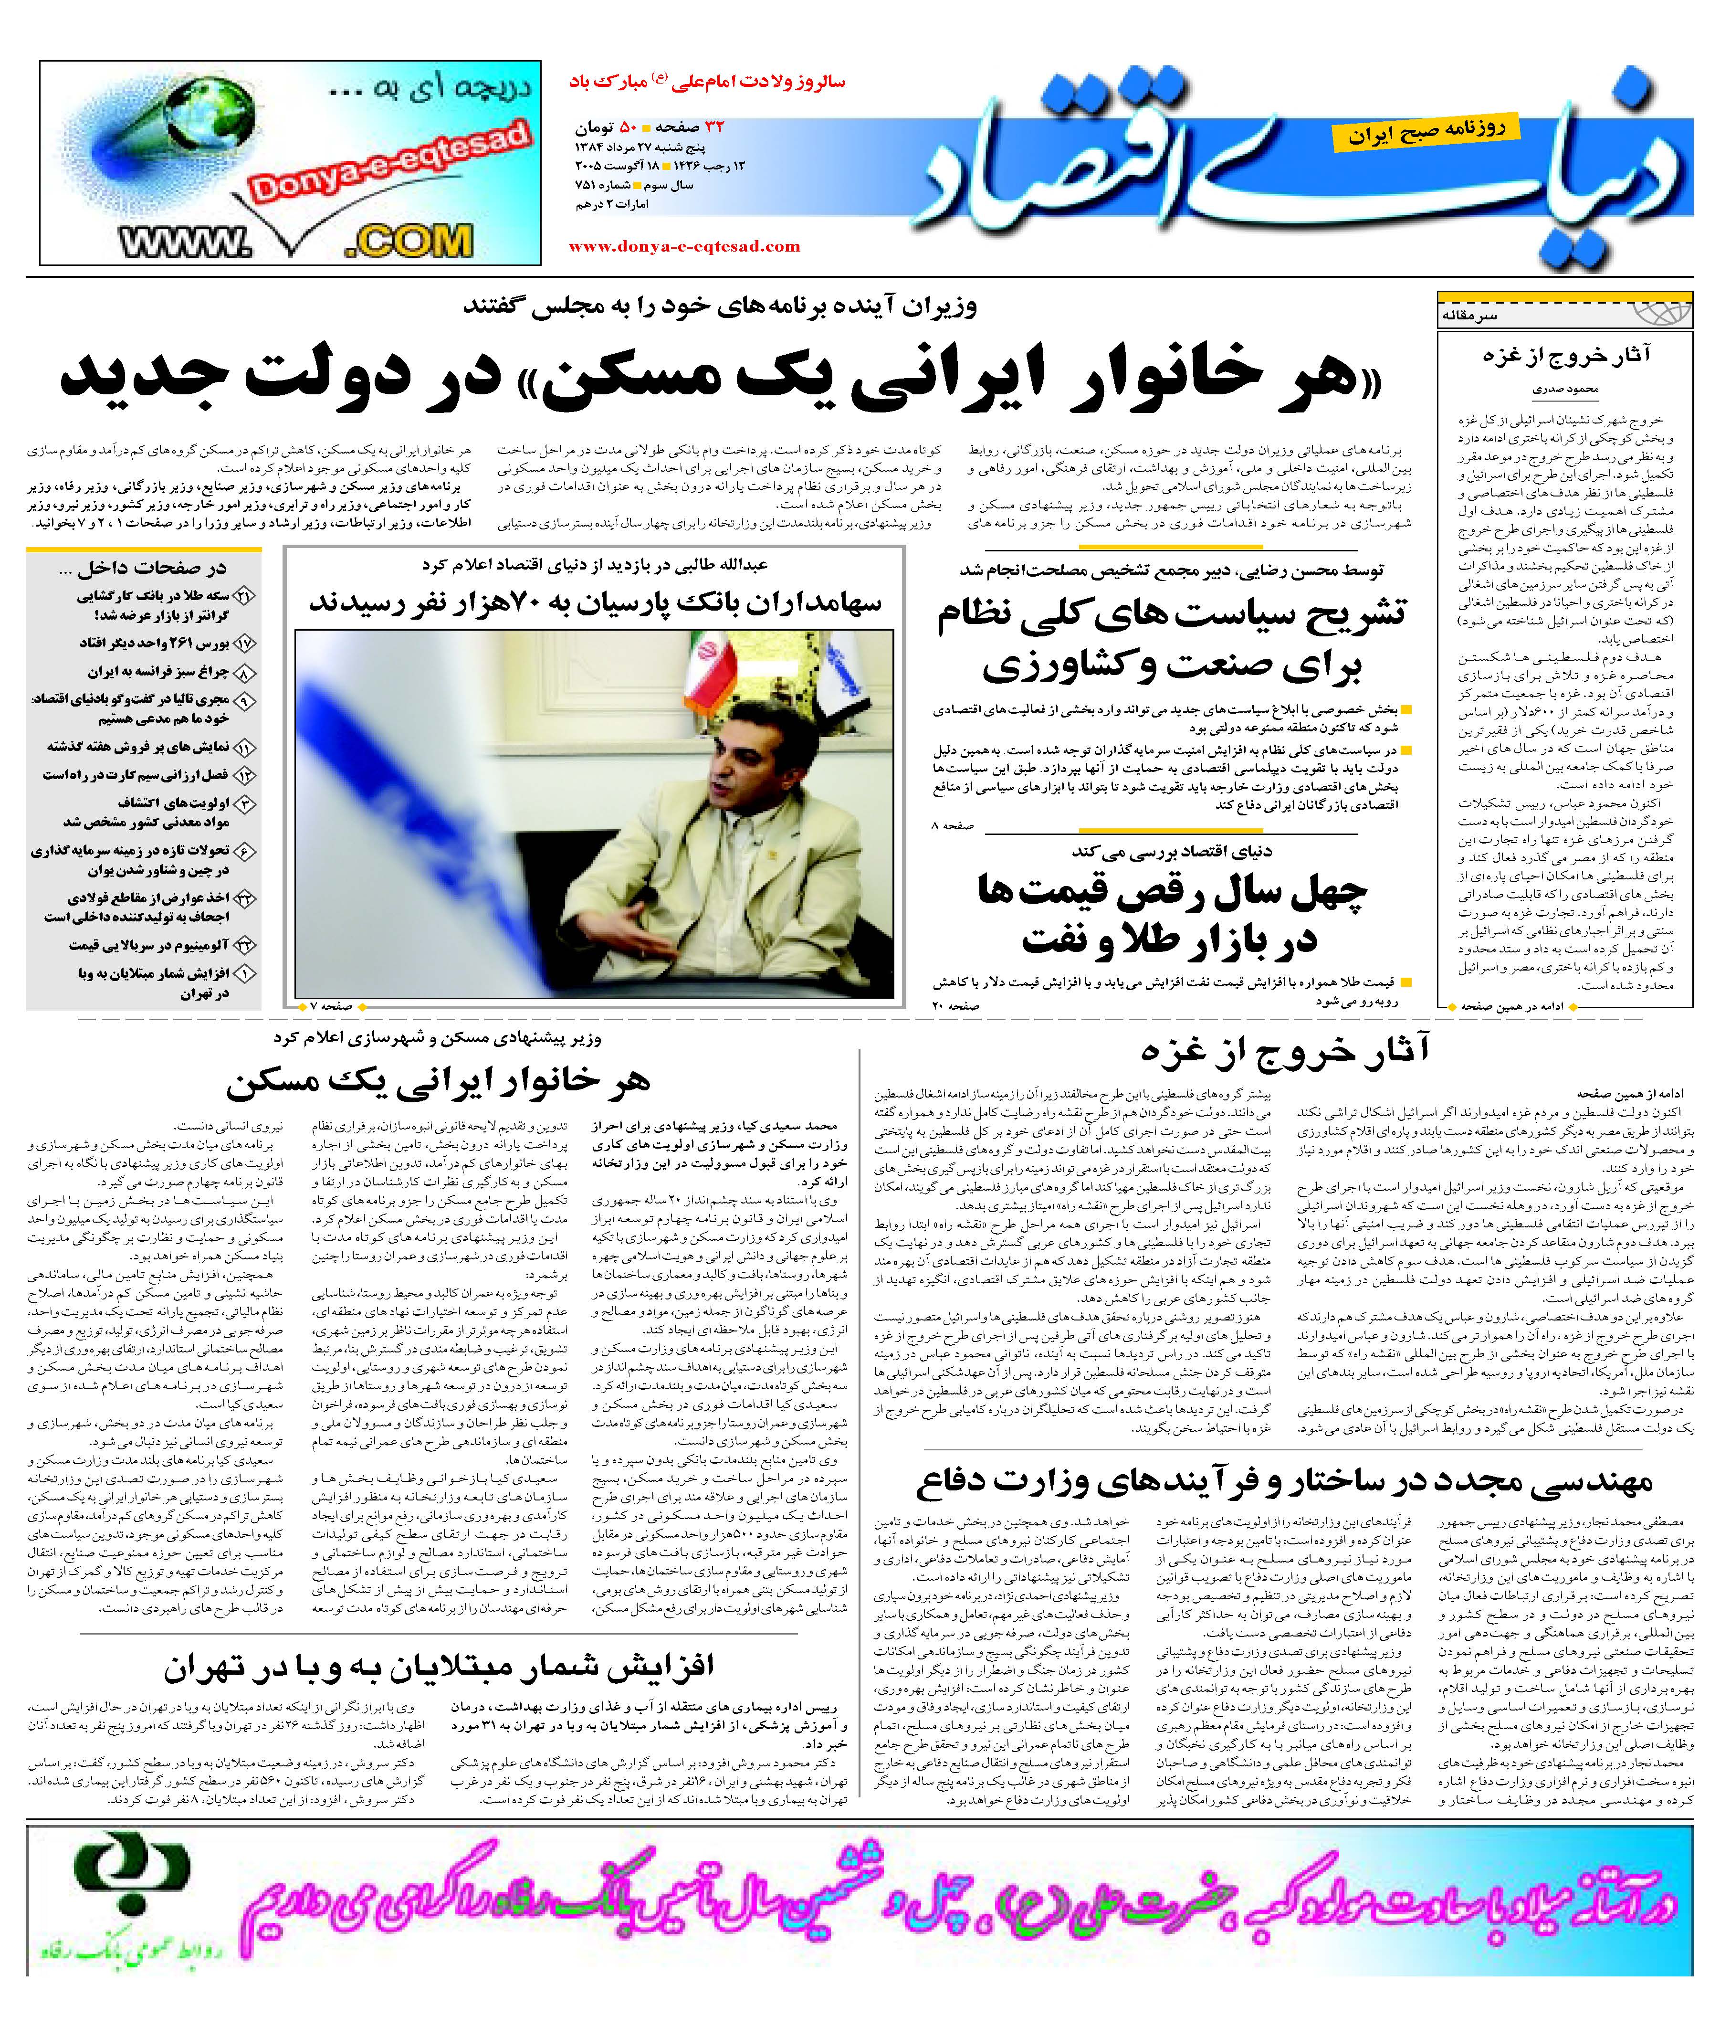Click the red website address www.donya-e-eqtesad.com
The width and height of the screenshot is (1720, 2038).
click(684, 247)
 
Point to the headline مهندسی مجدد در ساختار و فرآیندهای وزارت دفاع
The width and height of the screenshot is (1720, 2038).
click(1284, 1483)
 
